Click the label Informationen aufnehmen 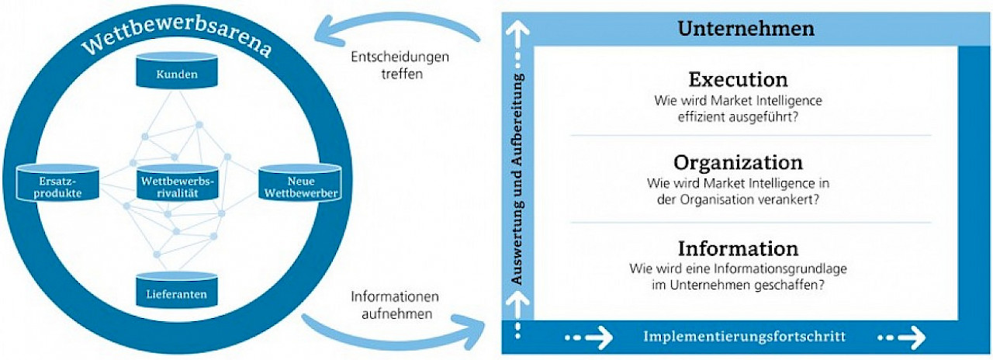(396, 305)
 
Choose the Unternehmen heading (746, 29)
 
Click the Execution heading (738, 79)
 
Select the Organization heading (738, 163)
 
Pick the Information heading (738, 248)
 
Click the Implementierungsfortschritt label (744, 337)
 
